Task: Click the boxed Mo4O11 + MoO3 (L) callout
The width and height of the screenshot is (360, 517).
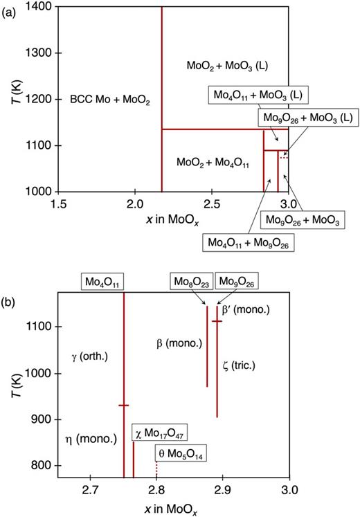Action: click(x=259, y=94)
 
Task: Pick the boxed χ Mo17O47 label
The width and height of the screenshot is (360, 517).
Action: click(x=161, y=433)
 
